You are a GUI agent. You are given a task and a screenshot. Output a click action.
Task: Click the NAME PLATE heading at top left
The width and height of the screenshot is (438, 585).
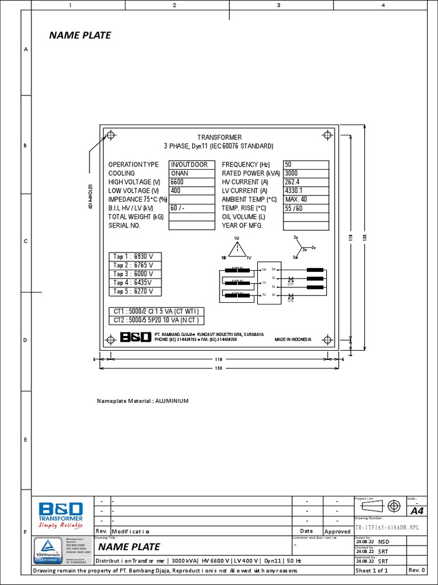click(80, 35)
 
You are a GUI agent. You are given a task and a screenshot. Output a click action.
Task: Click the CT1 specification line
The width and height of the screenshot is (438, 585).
click(156, 311)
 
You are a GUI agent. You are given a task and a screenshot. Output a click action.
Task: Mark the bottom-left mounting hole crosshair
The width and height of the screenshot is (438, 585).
click(111, 338)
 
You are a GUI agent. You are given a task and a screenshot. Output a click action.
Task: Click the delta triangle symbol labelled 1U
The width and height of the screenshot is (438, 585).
click(237, 249)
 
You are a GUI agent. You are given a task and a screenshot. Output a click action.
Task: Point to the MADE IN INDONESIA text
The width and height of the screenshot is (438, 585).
click(293, 339)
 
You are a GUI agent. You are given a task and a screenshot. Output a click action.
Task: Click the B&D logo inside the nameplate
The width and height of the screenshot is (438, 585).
click(135, 338)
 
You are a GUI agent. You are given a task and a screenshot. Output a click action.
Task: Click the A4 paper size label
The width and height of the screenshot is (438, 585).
click(416, 510)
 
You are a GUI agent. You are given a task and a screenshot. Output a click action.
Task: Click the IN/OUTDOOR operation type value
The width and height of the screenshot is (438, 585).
click(189, 165)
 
